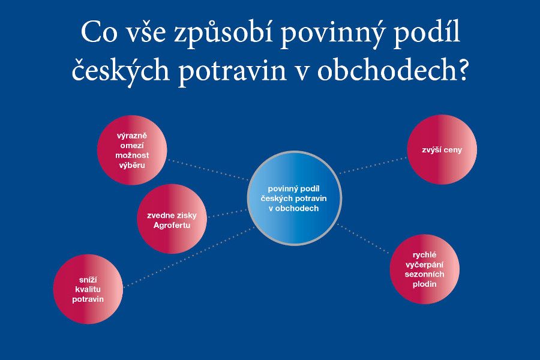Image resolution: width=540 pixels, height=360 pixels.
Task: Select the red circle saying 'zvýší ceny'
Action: coord(442,149)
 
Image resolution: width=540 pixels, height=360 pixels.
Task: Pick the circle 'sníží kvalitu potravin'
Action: coord(88,289)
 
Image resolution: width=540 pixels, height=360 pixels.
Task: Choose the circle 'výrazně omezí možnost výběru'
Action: coord(132,150)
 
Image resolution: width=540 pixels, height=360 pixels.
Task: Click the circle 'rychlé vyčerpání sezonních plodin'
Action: coord(425,269)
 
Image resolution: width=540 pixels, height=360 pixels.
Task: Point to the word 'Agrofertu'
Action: coord(172,225)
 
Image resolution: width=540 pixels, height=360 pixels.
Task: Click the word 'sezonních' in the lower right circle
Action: coord(425,274)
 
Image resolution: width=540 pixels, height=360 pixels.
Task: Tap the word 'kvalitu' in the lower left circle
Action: coord(88,289)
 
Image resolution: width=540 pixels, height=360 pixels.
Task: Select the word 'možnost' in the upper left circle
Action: coord(132,155)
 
